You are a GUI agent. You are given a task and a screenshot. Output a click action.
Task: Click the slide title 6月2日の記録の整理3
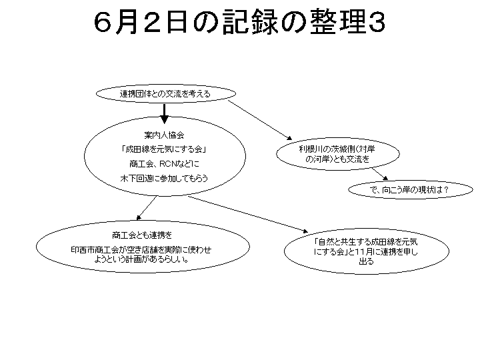click(239, 23)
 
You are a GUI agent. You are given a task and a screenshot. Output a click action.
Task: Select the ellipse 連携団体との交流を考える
click(166, 94)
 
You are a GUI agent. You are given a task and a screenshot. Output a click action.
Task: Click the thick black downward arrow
click(165, 114)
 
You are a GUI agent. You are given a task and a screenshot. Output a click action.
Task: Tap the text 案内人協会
click(164, 135)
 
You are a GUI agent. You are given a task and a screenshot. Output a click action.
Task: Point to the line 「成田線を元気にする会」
click(164, 149)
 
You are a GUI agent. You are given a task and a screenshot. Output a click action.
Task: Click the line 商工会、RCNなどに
click(164, 164)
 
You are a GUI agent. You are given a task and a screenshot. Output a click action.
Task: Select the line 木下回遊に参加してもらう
click(164, 178)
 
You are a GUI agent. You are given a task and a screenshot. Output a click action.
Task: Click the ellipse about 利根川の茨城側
click(337, 154)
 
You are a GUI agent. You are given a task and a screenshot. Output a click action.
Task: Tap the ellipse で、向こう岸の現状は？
click(411, 190)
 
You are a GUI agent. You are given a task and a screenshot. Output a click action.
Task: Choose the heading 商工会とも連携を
click(142, 235)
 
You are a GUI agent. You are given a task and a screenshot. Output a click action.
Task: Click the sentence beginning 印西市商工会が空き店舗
click(141, 255)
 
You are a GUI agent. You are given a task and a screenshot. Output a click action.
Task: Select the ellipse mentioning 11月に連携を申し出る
click(367, 251)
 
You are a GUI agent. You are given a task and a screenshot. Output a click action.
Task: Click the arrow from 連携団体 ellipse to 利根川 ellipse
click(260, 120)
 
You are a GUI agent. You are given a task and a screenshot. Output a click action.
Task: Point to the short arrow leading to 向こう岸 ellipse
click(379, 174)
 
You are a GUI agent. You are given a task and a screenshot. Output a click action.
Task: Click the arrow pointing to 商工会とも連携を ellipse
click(147, 208)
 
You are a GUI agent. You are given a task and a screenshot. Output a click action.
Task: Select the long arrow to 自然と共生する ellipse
click(247, 214)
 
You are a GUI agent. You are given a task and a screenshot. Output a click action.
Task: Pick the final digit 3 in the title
click(377, 23)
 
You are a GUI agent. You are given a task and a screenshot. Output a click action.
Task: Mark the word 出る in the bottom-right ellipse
click(367, 261)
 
